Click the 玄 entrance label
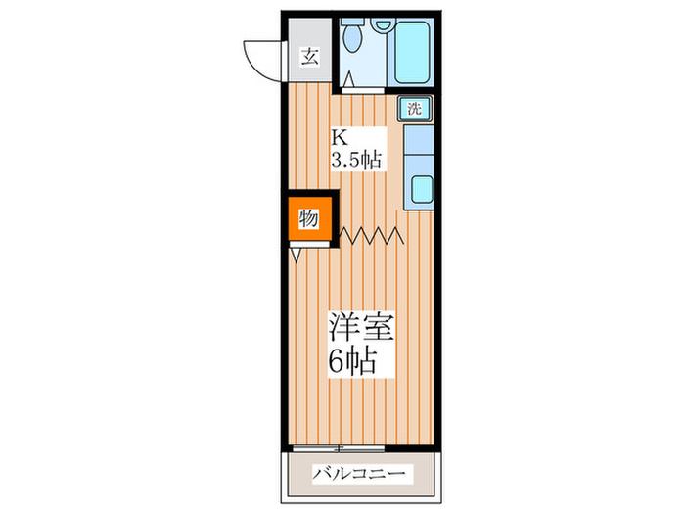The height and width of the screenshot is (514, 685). click(308, 56)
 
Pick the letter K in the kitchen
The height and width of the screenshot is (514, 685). click(338, 137)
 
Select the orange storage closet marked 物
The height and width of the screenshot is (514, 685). click(310, 218)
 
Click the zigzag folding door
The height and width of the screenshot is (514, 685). click(372, 235)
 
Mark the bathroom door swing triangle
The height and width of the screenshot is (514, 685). click(348, 79)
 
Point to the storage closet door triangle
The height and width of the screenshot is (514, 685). click(296, 254)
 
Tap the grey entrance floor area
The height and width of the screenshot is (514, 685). click(308, 69)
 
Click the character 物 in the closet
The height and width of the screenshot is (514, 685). click(308, 218)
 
